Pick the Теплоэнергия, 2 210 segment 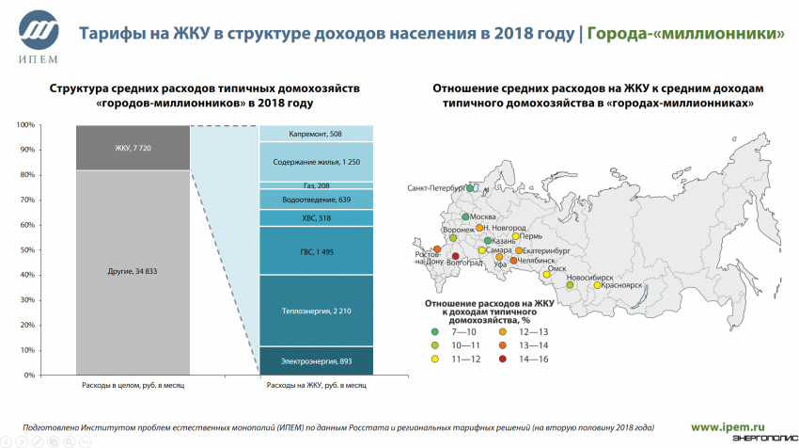point(316,311)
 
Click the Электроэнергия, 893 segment point(316,360)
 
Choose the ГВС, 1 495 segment point(316,250)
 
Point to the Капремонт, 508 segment point(316,133)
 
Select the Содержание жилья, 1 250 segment point(316,161)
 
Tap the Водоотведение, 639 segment point(316,200)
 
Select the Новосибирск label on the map point(590,278)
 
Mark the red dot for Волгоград point(456,256)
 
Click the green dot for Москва point(465,217)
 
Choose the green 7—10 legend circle point(434,332)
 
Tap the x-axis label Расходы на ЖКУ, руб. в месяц point(316,384)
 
